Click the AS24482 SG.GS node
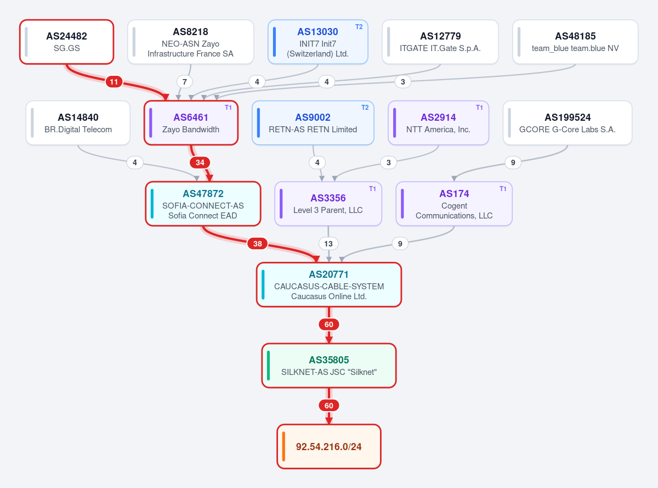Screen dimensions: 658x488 (x=67, y=42)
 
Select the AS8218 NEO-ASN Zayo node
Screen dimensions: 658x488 (x=190, y=42)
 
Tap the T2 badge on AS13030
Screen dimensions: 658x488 (x=359, y=27)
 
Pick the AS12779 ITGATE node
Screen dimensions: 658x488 (x=440, y=42)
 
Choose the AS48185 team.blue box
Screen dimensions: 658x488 (x=575, y=42)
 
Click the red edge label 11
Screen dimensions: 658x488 (x=114, y=82)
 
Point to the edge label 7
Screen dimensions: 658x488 (x=185, y=82)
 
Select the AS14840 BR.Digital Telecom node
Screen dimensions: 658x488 (x=78, y=123)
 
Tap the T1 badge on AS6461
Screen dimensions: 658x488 (x=228, y=108)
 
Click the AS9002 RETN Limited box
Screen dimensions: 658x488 (x=313, y=123)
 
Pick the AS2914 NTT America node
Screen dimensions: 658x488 (x=439, y=123)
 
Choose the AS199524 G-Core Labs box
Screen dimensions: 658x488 (x=568, y=123)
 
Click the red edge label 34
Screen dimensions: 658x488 (x=200, y=162)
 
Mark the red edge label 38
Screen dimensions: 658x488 (x=258, y=244)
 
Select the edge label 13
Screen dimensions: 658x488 (x=328, y=244)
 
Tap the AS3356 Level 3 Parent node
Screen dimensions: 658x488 (x=328, y=204)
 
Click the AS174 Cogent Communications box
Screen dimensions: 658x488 (x=454, y=204)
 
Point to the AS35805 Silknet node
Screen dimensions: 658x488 (x=329, y=366)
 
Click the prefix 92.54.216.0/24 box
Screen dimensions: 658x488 (x=329, y=446)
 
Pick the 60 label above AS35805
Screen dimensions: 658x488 (x=329, y=324)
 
